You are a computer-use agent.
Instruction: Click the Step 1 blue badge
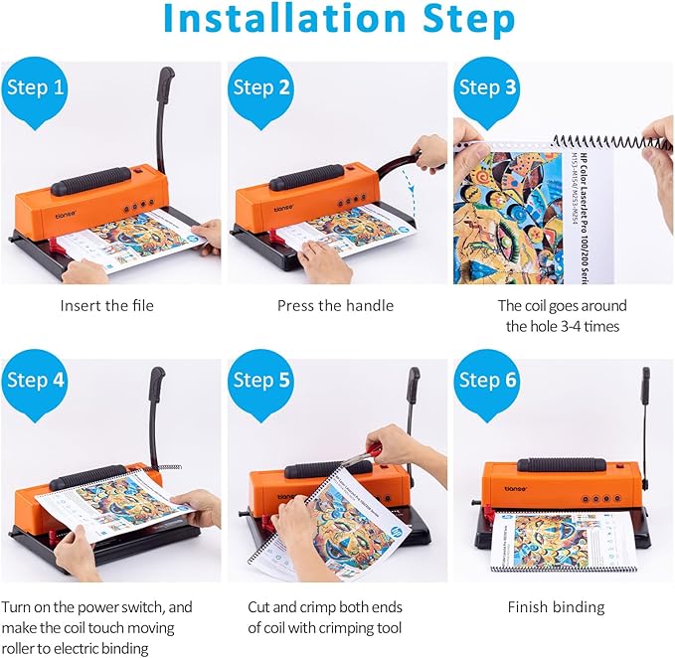point(37,88)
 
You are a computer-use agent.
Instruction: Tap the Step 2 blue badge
point(261,88)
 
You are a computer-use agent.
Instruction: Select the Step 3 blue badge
point(487,88)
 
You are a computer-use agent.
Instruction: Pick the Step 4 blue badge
point(37,382)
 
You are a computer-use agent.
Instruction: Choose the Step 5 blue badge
point(261,382)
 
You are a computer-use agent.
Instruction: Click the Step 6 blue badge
point(487,382)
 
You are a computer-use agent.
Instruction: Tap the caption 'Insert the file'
point(107,305)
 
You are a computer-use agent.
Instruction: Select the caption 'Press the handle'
point(335,305)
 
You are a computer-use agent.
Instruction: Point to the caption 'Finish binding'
point(556,606)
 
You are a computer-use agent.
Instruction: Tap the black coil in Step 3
point(596,145)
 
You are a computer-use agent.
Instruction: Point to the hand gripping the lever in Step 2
point(429,152)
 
